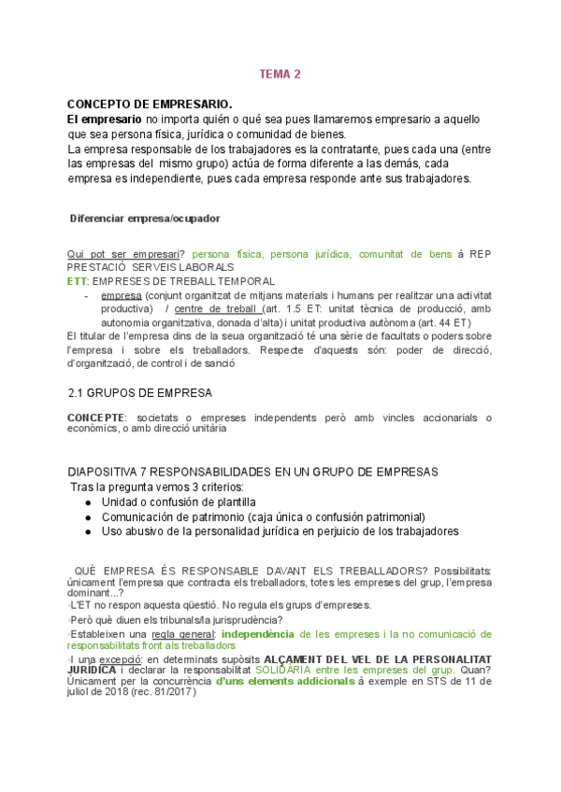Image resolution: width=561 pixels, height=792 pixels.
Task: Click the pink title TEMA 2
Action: (x=280, y=76)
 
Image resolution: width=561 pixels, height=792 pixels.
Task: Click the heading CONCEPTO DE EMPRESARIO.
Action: (x=150, y=104)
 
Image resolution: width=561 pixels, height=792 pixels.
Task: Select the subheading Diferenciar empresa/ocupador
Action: (x=146, y=219)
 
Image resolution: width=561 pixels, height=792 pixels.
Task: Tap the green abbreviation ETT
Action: (x=78, y=281)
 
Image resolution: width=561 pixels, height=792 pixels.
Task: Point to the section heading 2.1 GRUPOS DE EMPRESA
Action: (x=141, y=393)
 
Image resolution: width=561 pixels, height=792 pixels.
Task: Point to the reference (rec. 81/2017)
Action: (x=173, y=694)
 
